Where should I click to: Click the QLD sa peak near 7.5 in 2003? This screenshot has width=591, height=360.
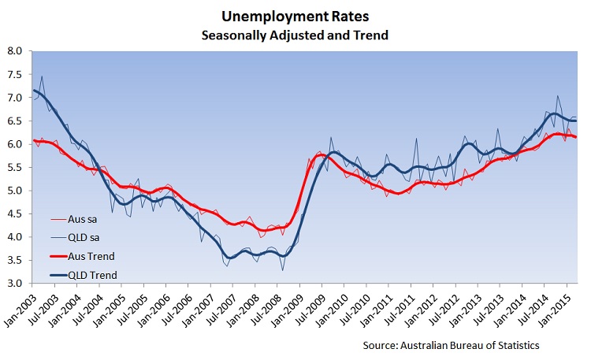click(42, 76)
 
